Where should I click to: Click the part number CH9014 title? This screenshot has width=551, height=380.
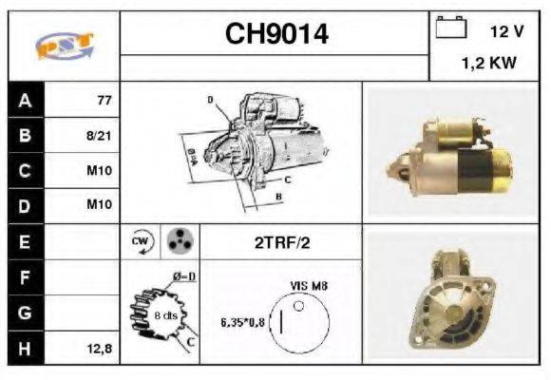coord(276,35)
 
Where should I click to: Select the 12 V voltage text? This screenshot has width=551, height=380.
coord(506,31)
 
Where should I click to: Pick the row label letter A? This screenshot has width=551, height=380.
coord(25,100)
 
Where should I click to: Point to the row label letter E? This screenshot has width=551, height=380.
coord(25,242)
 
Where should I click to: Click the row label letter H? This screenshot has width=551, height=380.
coord(25,349)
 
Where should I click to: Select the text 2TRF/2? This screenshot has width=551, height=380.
coord(281,242)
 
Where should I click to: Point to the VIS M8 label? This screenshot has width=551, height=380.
coord(306,284)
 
